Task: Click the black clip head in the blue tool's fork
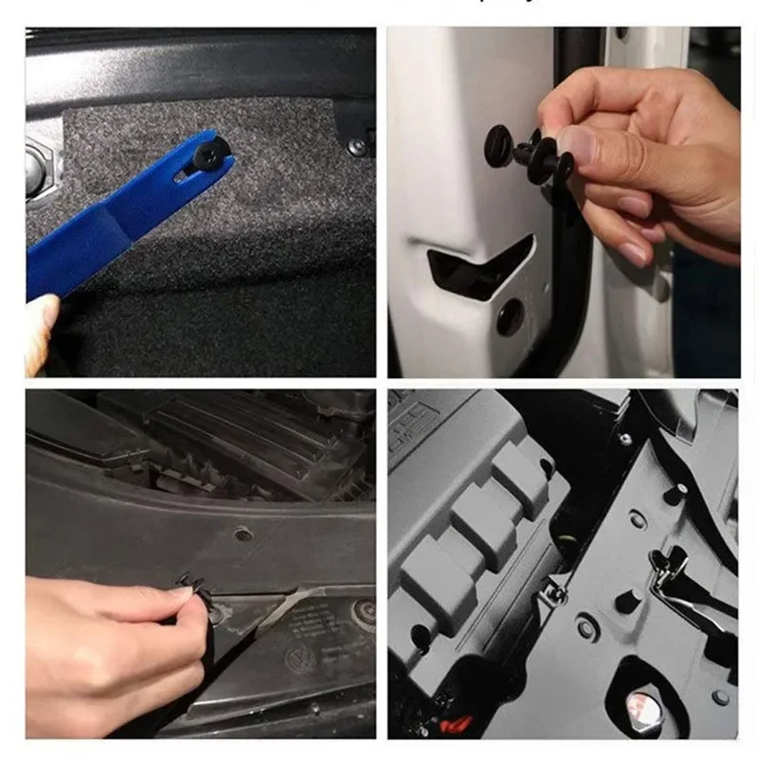coord(207,149)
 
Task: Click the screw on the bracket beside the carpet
coord(356,147)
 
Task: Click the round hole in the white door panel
coord(510,316)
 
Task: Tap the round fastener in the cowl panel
coord(244,534)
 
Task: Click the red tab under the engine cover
coord(456,724)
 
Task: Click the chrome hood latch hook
coord(674,568)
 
